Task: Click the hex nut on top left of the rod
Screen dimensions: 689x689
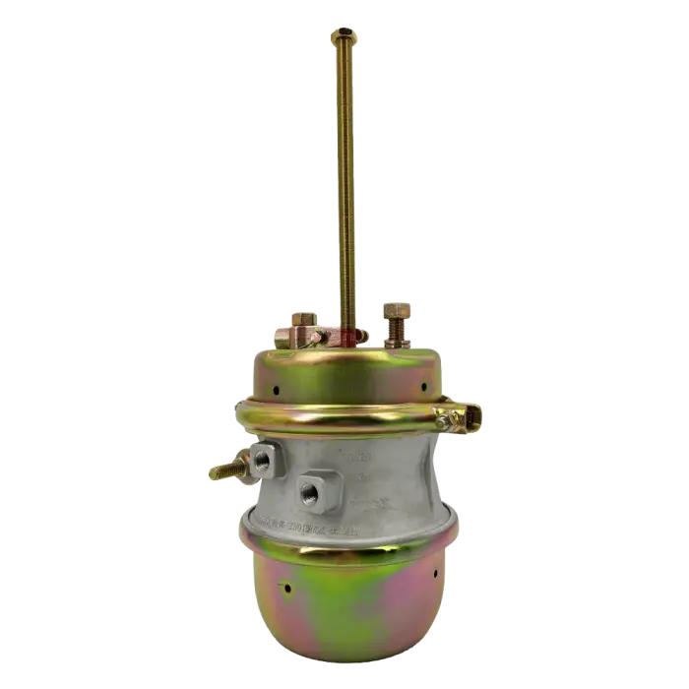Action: [302, 322]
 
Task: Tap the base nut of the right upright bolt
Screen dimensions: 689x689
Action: [398, 334]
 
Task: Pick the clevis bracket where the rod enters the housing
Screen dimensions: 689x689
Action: [330, 336]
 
